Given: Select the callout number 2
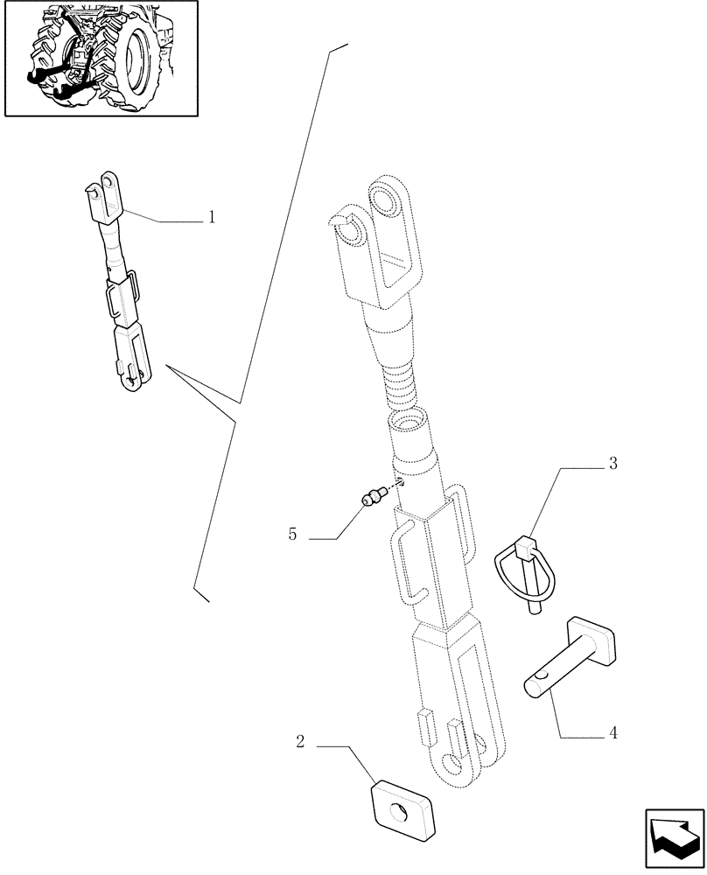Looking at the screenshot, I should point(300,742).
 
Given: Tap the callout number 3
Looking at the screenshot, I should point(613,464).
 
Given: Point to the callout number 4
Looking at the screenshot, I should point(613,733).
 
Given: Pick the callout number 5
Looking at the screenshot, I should point(292,533).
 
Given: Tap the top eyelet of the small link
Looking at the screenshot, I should point(108,181).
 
